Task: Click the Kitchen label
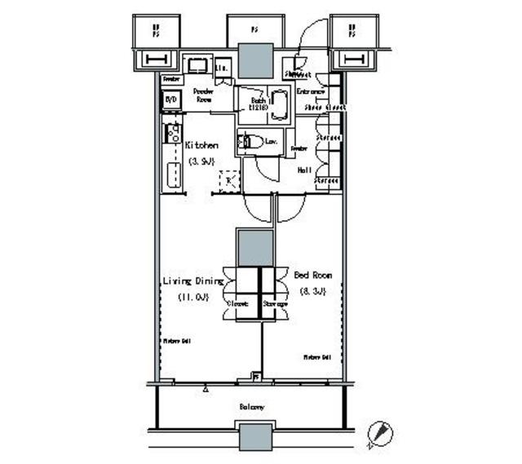coord(201,145)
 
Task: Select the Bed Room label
coord(312,276)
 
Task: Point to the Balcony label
coord(252,406)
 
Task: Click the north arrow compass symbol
coord(377,432)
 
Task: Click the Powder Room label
coord(203,96)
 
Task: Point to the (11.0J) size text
coord(191,298)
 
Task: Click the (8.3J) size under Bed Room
coord(312,291)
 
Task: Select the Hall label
coord(303,170)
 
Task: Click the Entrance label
coord(311,91)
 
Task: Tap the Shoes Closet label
coord(324,107)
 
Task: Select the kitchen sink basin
coord(173,174)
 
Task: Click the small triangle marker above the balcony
coord(206,390)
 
